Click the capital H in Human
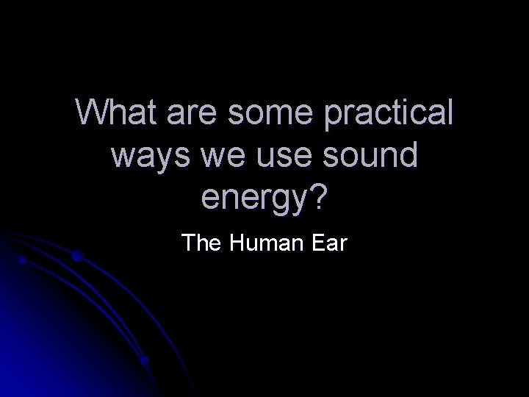[237, 242]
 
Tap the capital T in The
[189, 242]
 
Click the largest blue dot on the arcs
[77, 256]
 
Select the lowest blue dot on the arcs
[145, 361]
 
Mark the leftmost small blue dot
[23, 260]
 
